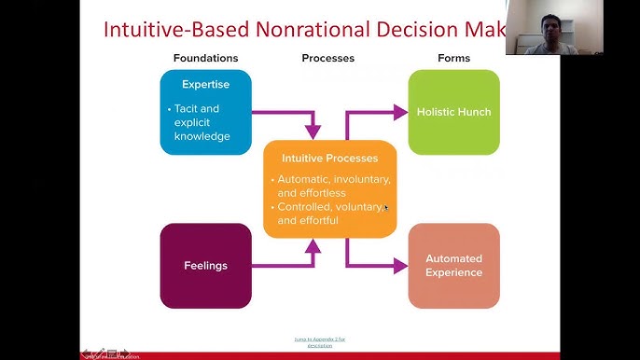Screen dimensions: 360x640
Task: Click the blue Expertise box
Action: (x=205, y=111)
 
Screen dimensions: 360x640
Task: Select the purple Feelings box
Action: (x=205, y=266)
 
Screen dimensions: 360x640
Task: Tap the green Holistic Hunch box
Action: (x=454, y=112)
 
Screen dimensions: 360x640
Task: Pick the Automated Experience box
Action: (x=454, y=266)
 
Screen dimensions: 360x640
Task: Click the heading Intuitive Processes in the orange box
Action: (x=329, y=158)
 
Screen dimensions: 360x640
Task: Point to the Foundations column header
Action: (x=205, y=58)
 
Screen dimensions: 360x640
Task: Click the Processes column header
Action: (x=327, y=58)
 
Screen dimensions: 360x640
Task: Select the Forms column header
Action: (x=453, y=58)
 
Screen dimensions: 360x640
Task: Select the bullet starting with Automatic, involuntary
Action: (x=333, y=186)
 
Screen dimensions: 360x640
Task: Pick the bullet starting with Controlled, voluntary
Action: (x=331, y=214)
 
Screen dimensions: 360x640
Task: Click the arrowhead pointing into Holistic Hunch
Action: (x=401, y=112)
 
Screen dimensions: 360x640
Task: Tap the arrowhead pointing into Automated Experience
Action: (x=401, y=266)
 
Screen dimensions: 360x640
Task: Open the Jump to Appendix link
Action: (x=319, y=341)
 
